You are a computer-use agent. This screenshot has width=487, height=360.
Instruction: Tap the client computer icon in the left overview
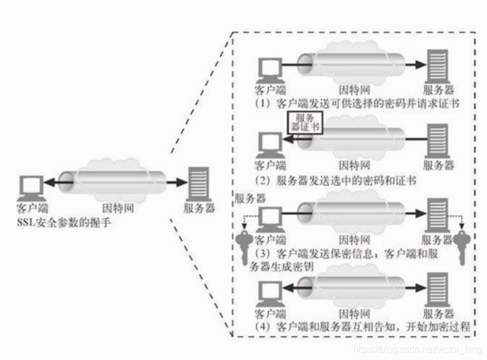[x=30, y=186]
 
